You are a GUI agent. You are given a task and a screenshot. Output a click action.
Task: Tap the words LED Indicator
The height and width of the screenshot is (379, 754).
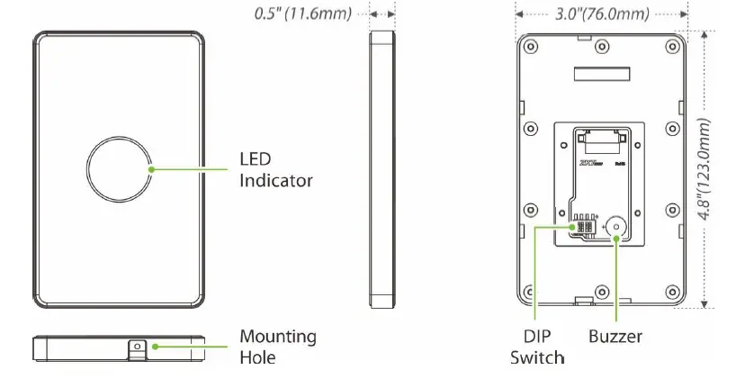coord(275,169)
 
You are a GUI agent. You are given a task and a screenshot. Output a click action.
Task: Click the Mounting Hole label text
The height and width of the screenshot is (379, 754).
coord(277,347)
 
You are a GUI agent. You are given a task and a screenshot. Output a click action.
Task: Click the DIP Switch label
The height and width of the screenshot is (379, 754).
coord(538,347)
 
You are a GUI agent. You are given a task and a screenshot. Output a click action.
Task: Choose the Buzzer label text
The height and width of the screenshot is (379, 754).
coord(615,338)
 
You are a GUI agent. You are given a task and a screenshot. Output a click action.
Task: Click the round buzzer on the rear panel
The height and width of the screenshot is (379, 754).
coord(616,228)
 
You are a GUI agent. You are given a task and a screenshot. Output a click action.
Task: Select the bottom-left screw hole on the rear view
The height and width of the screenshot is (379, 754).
coord(530,292)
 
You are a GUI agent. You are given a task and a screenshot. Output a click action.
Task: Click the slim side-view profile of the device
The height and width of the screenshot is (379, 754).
coord(382,169)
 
